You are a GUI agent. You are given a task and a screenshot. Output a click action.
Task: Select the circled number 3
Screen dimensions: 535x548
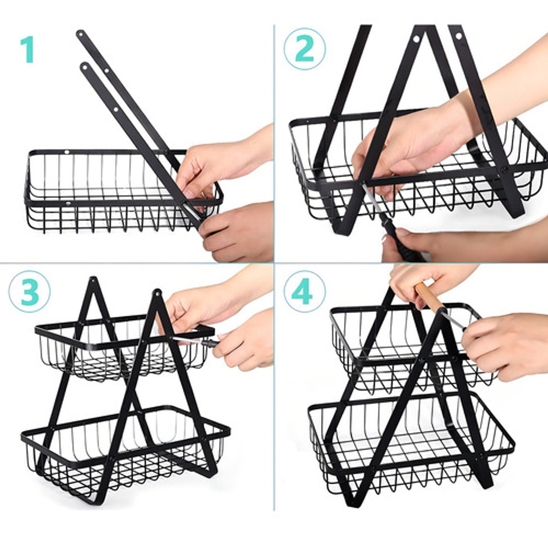tap(29, 292)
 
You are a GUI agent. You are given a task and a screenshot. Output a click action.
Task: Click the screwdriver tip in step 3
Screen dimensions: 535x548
tap(179, 339)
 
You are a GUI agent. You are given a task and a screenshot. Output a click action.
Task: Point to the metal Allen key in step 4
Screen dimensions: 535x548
tap(453, 320)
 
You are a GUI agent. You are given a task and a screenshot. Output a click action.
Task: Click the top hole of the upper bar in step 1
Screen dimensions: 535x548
tap(80, 34)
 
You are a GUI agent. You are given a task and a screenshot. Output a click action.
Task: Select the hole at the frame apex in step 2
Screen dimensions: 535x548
tap(417, 38)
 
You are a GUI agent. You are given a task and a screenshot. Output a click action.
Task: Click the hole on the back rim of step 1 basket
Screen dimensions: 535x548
tap(67, 152)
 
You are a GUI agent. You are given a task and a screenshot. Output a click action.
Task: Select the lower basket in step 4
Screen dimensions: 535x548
tap(411, 446)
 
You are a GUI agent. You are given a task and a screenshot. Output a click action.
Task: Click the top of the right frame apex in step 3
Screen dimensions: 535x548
tap(157, 292)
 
